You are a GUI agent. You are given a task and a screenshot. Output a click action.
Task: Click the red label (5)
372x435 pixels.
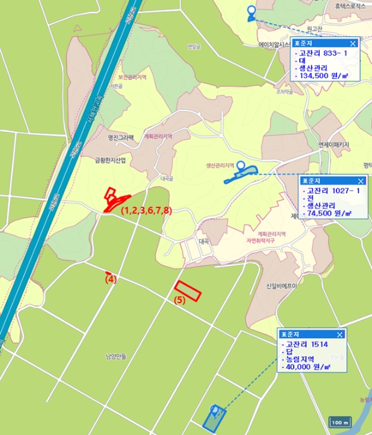click(x=180, y=300)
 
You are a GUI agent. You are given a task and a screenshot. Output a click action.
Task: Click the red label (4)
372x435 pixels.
click(x=111, y=280)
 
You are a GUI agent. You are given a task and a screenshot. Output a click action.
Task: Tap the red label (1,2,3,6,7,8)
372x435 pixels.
click(x=146, y=211)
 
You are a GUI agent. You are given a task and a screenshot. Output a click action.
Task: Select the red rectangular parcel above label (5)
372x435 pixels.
click(x=188, y=290)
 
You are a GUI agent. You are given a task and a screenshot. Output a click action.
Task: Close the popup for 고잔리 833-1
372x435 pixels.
click(x=353, y=43)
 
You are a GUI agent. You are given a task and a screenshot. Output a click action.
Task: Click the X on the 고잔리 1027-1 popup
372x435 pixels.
click(x=360, y=181)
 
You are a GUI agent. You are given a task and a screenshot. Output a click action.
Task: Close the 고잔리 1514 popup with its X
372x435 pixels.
click(x=340, y=334)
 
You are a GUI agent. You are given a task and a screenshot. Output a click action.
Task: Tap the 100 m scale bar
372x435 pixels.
click(x=339, y=423)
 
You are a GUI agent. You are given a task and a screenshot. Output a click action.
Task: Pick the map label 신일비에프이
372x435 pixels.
click(x=278, y=286)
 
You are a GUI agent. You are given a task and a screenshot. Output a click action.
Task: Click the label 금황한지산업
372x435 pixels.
click(x=110, y=160)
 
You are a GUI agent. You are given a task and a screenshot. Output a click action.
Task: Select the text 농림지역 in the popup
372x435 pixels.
click(x=300, y=359)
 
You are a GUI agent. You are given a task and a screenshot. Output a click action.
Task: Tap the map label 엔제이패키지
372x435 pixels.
click(x=334, y=144)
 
